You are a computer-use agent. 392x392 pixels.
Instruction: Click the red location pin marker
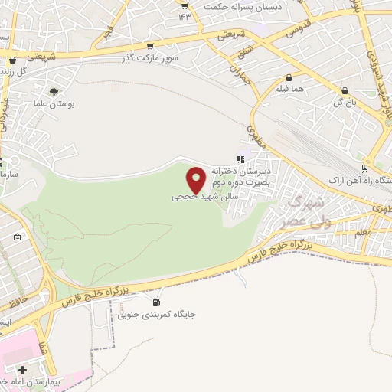coord(196,180)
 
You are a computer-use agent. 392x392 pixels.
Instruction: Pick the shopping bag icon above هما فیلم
coord(289,77)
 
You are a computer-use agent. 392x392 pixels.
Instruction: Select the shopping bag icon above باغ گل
coord(345,90)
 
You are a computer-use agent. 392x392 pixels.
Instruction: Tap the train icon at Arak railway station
coord(364,168)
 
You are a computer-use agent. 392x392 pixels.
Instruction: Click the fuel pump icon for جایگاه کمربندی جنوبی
coord(157,302)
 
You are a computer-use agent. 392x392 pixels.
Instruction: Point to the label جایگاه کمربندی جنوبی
coord(149,314)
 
